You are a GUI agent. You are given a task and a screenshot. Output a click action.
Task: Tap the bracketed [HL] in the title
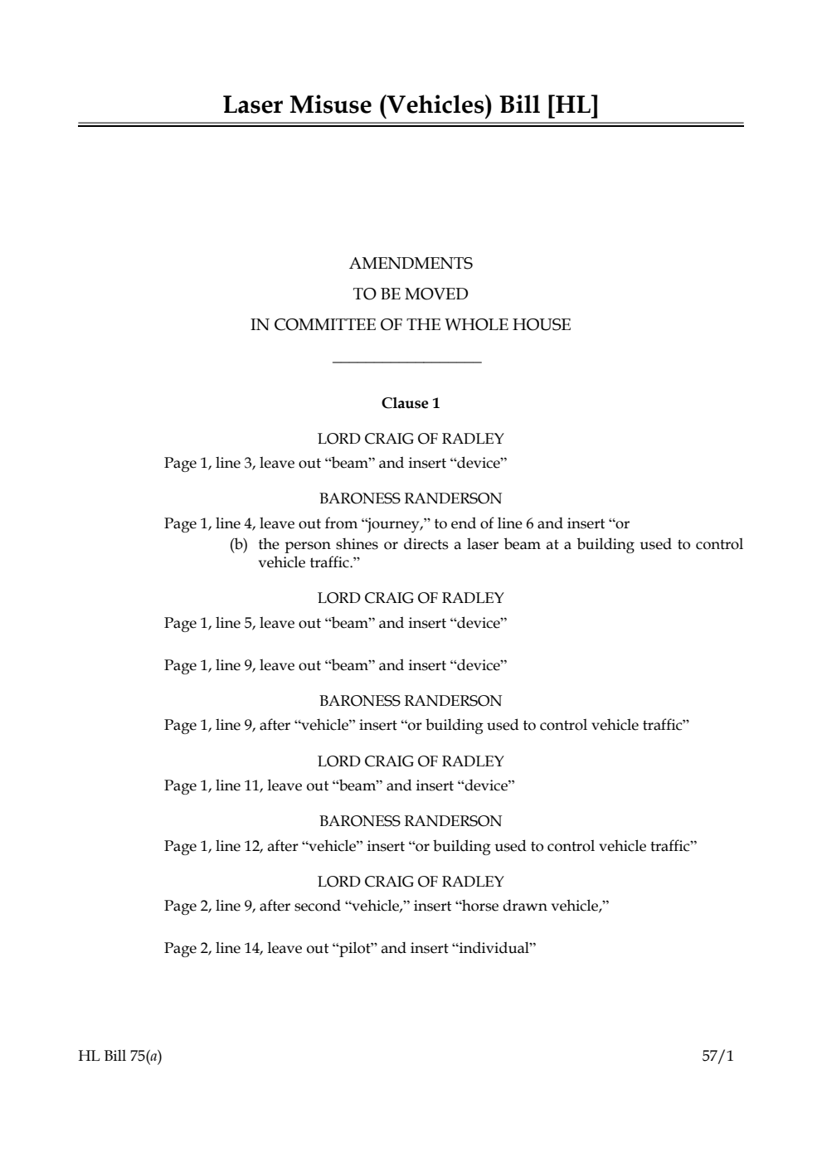pyautogui.click(x=572, y=105)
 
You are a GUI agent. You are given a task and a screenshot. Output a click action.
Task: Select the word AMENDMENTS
pyautogui.click(x=411, y=264)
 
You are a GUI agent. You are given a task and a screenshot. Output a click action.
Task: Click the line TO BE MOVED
pyautogui.click(x=411, y=294)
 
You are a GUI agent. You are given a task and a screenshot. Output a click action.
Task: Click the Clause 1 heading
pyautogui.click(x=411, y=404)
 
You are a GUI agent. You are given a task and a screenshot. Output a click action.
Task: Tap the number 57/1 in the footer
pyautogui.click(x=717, y=1057)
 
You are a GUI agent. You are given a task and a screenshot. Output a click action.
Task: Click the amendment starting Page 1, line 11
pyautogui.click(x=339, y=785)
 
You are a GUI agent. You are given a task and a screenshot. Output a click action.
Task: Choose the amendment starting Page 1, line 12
pyautogui.click(x=430, y=846)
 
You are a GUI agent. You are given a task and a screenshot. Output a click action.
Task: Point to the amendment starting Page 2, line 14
pyautogui.click(x=350, y=948)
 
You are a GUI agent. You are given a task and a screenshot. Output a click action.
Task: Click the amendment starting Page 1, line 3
pyautogui.click(x=335, y=463)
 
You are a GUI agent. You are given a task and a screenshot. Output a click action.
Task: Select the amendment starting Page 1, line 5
pyautogui.click(x=335, y=623)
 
